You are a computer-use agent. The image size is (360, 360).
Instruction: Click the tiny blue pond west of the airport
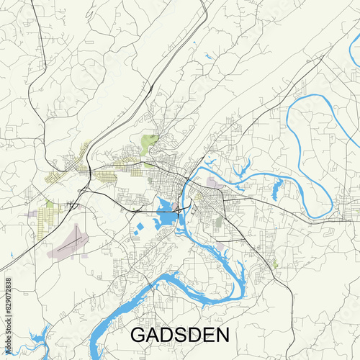coord(13,255)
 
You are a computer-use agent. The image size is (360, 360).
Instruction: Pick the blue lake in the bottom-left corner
coord(32,338)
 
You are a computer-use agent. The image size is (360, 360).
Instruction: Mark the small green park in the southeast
coord(274,265)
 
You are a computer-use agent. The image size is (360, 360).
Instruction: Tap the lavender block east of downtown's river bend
coord(214,184)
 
